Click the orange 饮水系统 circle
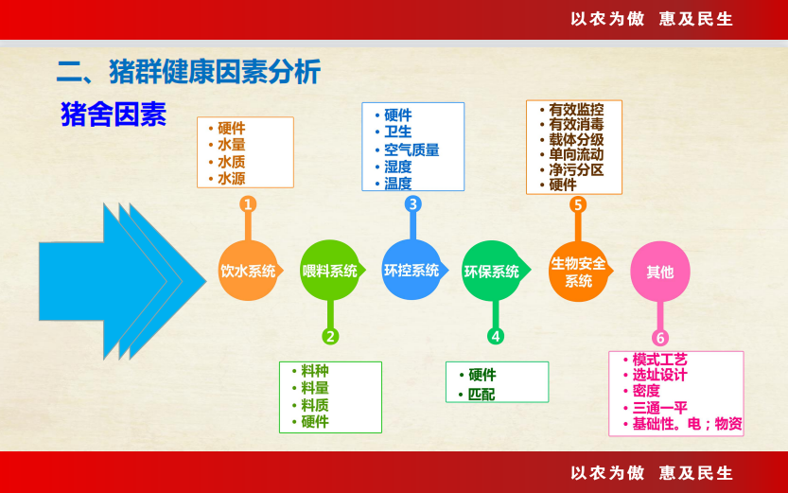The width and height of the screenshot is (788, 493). point(248,271)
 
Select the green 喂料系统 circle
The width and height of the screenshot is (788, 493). point(329,271)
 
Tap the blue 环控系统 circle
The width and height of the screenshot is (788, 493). point(412,270)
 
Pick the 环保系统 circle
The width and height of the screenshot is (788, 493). point(493,271)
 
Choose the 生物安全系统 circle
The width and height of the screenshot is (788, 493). point(578,272)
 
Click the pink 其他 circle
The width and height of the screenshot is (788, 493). point(660,272)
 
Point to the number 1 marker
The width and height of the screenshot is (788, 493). point(248,204)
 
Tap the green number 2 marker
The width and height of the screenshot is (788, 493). point(330,336)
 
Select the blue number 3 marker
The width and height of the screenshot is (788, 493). point(412,204)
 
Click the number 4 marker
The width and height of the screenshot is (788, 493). point(496,336)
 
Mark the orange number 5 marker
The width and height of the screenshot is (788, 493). point(578,204)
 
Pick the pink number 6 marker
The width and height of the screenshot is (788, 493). point(660,338)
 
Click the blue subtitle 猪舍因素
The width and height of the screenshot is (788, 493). point(114,114)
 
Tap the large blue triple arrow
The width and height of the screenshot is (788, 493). point(123,281)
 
